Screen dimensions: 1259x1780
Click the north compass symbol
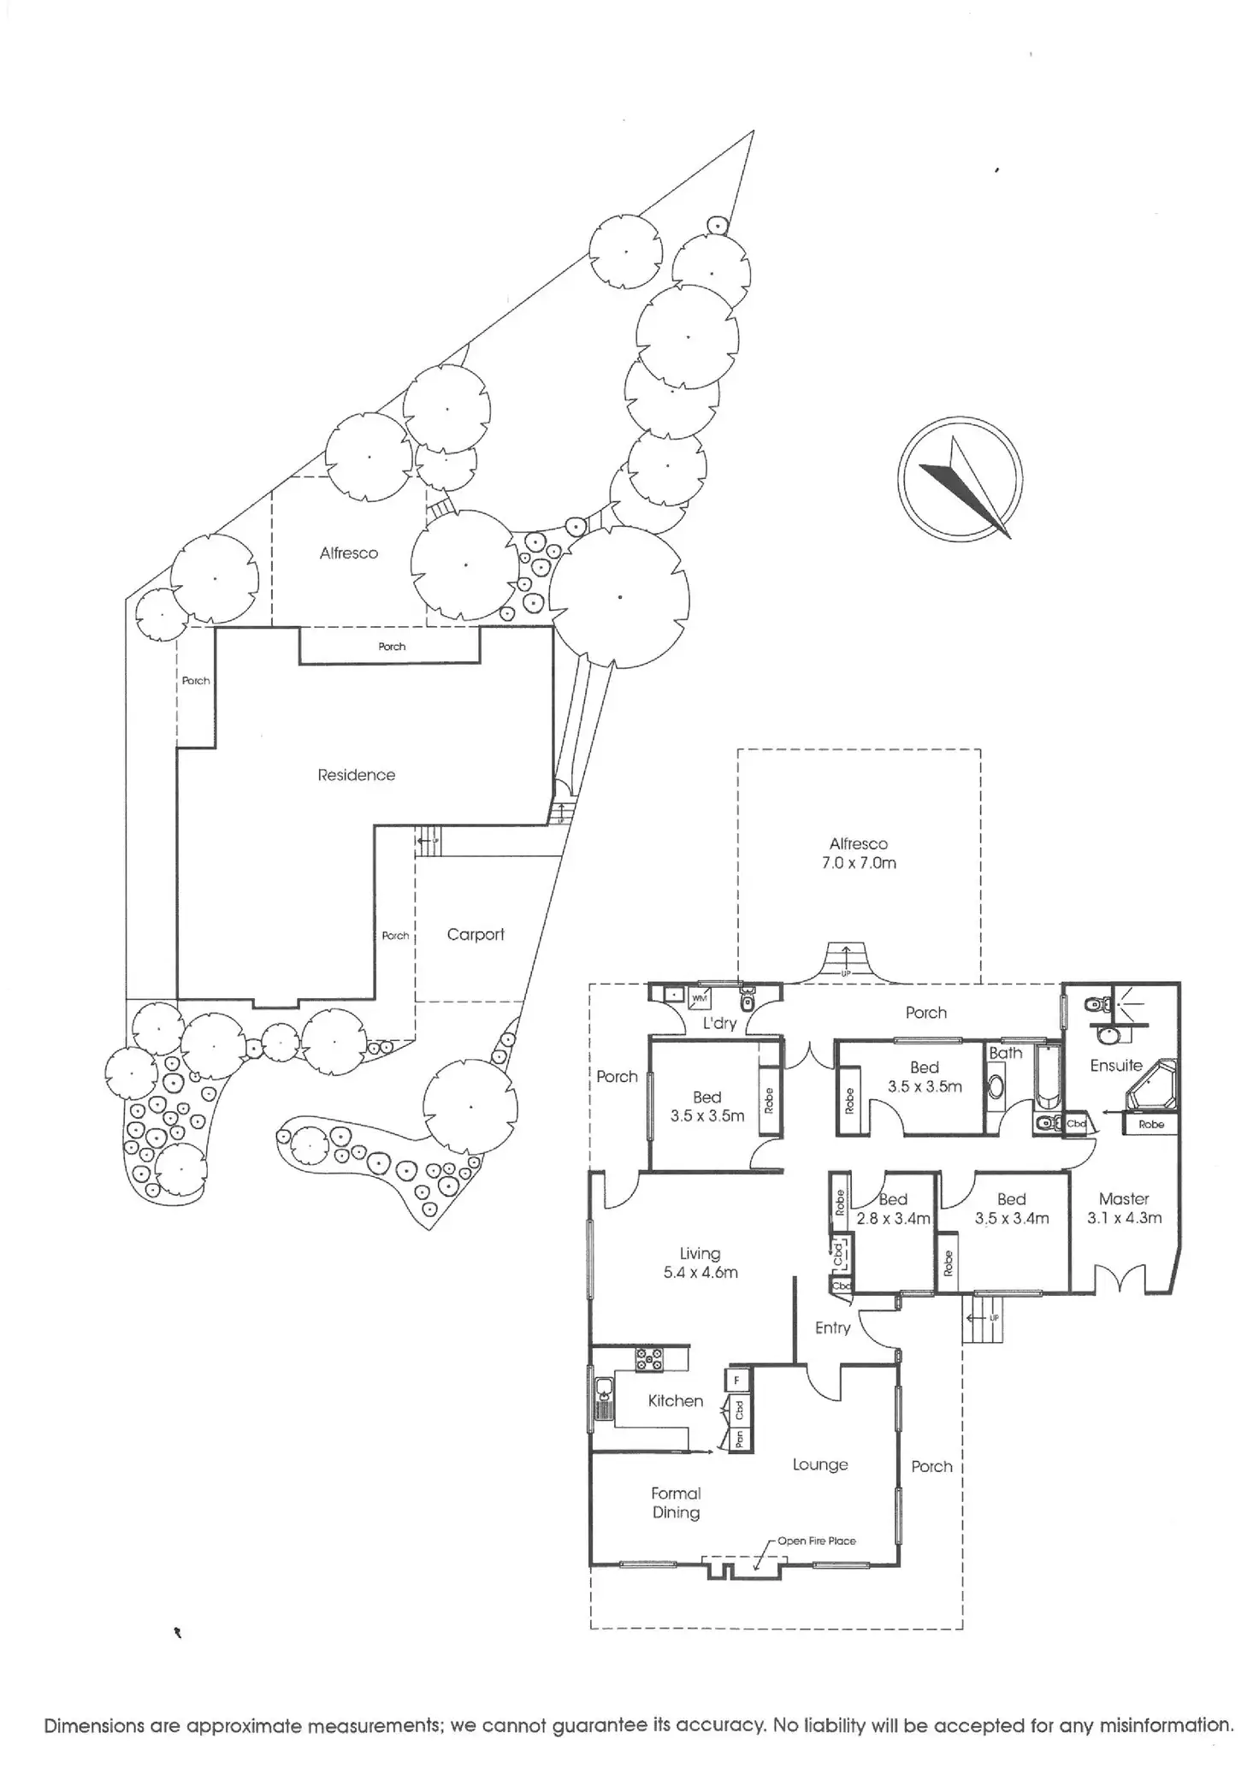click(961, 479)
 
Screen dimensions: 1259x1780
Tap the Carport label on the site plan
click(476, 935)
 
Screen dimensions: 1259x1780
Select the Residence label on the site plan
click(356, 775)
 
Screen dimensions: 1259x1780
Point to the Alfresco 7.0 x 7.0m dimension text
click(859, 863)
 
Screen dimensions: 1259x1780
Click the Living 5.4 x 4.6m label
click(700, 1263)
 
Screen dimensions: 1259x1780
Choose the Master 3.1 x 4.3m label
click(1124, 1209)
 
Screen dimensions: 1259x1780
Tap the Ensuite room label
click(1116, 1065)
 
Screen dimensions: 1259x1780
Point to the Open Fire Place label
click(816, 1540)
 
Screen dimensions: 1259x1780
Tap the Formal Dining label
click(676, 1503)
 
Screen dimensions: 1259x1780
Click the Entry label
click(832, 1328)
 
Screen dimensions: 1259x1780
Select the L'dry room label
click(719, 1023)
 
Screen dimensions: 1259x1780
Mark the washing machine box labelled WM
click(699, 997)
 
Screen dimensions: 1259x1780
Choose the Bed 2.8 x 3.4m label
click(893, 1209)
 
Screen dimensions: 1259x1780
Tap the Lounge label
click(820, 1465)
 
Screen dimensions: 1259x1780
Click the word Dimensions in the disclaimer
click(93, 1726)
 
